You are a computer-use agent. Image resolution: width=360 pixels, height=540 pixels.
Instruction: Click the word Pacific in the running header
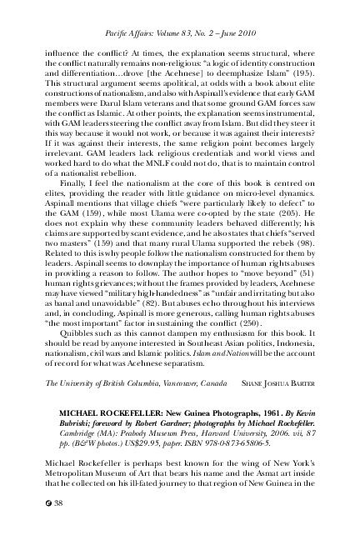121,32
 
